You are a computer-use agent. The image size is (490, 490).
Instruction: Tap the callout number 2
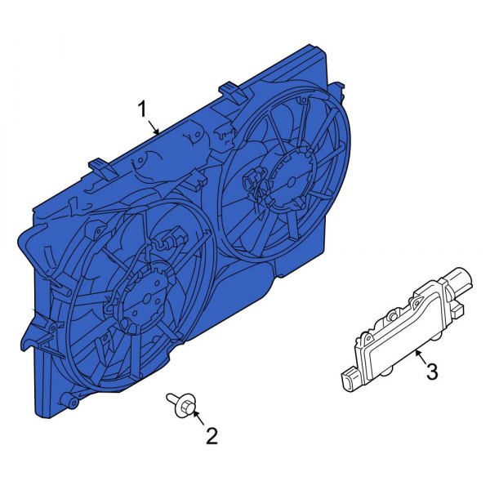(x=212, y=437)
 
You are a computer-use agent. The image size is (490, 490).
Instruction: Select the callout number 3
(x=432, y=372)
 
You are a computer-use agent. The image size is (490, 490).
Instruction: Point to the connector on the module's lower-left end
(x=347, y=377)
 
